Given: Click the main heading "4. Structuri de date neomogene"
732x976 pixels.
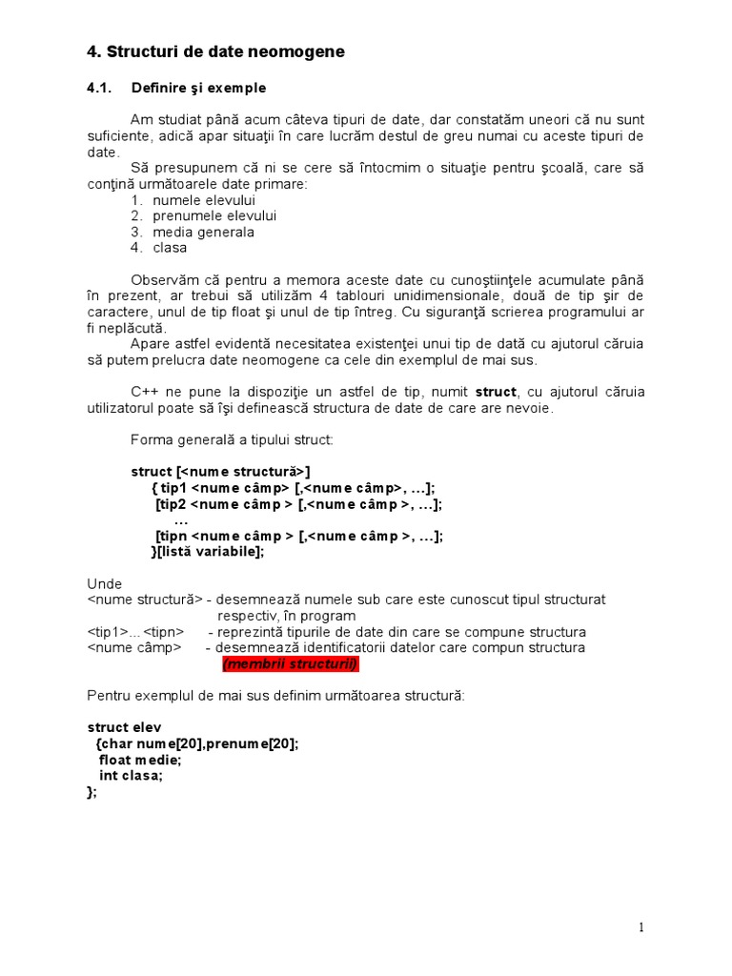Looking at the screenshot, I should pyautogui.click(x=215, y=52).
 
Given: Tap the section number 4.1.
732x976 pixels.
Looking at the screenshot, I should pyautogui.click(x=99, y=88).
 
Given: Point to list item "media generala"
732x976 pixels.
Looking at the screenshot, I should pyautogui.click(x=203, y=232).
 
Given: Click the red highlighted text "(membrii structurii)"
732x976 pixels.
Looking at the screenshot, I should pyautogui.click(x=291, y=663).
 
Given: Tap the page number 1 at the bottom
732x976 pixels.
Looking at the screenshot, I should pyautogui.click(x=641, y=927).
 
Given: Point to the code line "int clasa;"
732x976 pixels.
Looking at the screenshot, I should pyautogui.click(x=131, y=776).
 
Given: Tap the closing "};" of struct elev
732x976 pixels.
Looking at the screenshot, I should pyautogui.click(x=91, y=791).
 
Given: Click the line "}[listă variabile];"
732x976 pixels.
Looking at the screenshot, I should pyautogui.click(x=208, y=551).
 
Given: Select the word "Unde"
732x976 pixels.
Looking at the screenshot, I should pyautogui.click(x=104, y=583).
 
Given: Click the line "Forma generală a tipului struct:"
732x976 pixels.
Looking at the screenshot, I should pyautogui.click(x=232, y=439).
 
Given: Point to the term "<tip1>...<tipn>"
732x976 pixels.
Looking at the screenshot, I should pyautogui.click(x=134, y=632).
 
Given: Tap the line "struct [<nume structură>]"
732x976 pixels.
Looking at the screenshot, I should pyautogui.click(x=220, y=471).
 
